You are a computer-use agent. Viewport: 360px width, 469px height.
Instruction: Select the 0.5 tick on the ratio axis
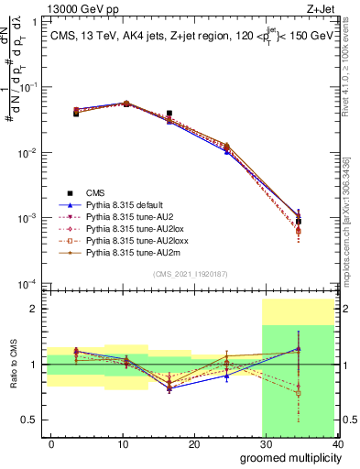(x=32, y=420)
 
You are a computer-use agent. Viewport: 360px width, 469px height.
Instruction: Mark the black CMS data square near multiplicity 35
(x=299, y=222)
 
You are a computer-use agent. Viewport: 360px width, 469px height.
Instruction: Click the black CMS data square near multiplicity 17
(x=169, y=114)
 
